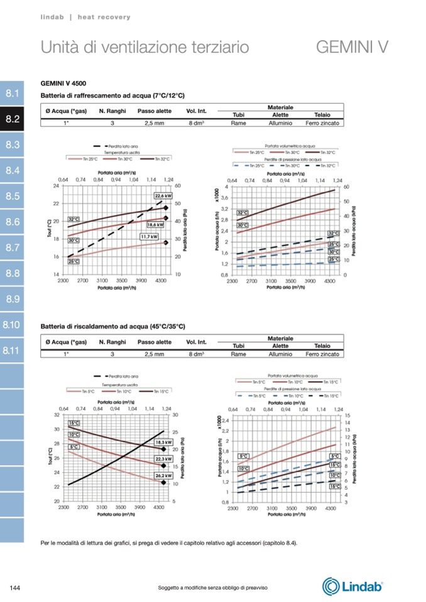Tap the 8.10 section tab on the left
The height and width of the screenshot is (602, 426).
pos(13,325)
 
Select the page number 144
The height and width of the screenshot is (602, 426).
pos(17,587)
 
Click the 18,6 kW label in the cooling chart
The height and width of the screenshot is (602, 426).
pos(155,225)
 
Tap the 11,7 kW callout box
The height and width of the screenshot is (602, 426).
pos(149,237)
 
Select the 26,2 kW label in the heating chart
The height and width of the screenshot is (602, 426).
pos(163,476)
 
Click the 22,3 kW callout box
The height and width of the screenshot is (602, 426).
pos(163,460)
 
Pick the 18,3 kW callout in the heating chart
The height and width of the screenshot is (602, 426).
pos(163,442)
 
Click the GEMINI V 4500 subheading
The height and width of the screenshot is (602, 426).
pos(63,83)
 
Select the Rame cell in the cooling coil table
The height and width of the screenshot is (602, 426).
pos(238,123)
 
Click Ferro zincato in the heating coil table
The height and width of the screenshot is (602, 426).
pos(322,354)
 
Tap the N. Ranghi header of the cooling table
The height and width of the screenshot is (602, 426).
pos(112,111)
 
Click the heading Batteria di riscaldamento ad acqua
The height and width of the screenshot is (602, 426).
pos(112,326)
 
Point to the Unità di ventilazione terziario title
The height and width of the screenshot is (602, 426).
pos(145,47)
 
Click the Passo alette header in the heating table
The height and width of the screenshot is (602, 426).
pos(154,342)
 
